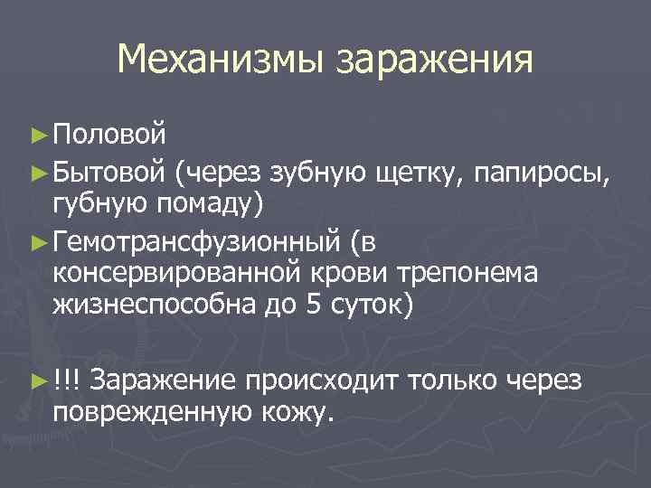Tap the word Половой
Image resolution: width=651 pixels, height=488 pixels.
(x=109, y=136)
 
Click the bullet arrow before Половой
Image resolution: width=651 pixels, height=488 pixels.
(x=38, y=136)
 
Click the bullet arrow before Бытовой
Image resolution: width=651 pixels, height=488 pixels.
(x=38, y=169)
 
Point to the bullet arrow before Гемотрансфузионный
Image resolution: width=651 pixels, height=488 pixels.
(x=38, y=241)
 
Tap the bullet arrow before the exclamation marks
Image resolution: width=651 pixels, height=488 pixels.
(x=38, y=382)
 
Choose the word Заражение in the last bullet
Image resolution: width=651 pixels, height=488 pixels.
(x=161, y=381)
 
